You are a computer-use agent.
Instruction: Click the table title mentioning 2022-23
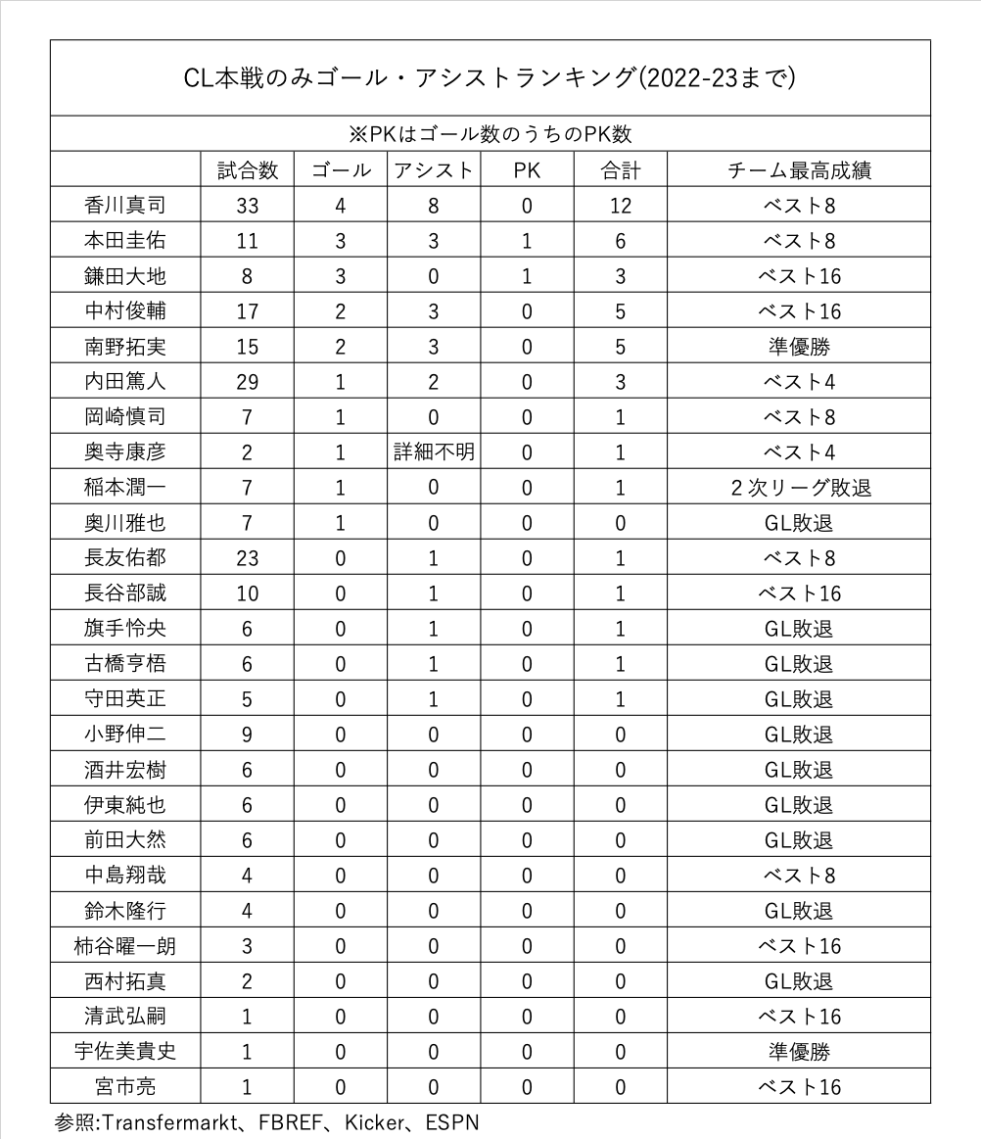point(490,78)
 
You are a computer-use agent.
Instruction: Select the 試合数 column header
point(247,170)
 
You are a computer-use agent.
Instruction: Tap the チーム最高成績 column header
point(800,170)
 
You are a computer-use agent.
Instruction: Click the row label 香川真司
point(124,206)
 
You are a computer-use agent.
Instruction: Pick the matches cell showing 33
point(247,206)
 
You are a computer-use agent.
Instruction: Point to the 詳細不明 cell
point(433,452)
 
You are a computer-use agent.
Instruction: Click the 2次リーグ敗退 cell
point(800,488)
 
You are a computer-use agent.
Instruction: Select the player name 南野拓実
point(124,347)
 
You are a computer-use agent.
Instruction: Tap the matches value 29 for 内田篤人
point(247,382)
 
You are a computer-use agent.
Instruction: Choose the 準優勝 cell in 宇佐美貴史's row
point(800,1052)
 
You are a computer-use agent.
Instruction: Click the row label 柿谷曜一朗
point(124,946)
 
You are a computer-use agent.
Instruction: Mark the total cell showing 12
point(620,206)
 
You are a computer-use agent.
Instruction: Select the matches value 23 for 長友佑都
point(247,558)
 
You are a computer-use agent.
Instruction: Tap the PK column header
point(527,170)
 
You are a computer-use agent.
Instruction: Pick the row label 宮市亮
point(124,1087)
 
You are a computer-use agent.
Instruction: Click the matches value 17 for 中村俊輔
point(247,311)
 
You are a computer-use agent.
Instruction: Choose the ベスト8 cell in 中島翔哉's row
point(800,876)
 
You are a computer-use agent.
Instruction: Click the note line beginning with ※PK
point(490,134)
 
